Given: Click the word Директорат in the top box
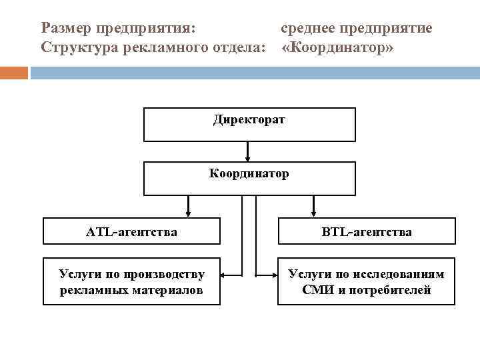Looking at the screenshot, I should pyautogui.click(x=249, y=120).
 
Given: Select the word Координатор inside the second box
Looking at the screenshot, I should pyautogui.click(x=249, y=174).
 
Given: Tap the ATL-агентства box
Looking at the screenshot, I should pyautogui.click(x=131, y=232).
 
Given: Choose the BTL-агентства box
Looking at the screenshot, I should pyautogui.click(x=366, y=232).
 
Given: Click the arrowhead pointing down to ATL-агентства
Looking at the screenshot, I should pyautogui.click(x=189, y=213).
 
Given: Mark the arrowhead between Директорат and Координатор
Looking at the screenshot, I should pyautogui.click(x=248, y=159).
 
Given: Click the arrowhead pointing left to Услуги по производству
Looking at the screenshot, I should pyautogui.click(x=225, y=275).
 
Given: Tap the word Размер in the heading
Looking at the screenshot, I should pyautogui.click(x=66, y=29).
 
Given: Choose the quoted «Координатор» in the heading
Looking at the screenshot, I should pyautogui.click(x=338, y=48).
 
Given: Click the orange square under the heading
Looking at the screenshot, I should pyautogui.click(x=14, y=72).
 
